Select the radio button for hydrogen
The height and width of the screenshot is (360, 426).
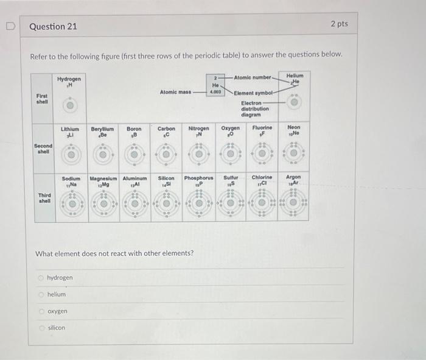pos(41,278)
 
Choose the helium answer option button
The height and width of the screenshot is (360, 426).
pos(41,294)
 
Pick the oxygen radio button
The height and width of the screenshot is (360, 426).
pos(41,311)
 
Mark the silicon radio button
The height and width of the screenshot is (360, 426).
pos(41,328)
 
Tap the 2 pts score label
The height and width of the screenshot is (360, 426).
pos(339,24)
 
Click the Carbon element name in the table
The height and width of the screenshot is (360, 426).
pos(166,129)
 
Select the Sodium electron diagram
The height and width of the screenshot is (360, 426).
pos(71,203)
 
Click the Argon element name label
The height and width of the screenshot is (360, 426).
pos(293,177)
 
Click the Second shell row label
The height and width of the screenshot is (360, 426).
pos(43,149)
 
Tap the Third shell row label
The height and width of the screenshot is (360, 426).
pos(44,197)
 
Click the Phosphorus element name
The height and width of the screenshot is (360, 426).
pos(198,178)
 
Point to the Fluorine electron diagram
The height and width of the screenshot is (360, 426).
pos(262,154)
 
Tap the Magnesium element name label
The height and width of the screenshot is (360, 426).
pos(103,178)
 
